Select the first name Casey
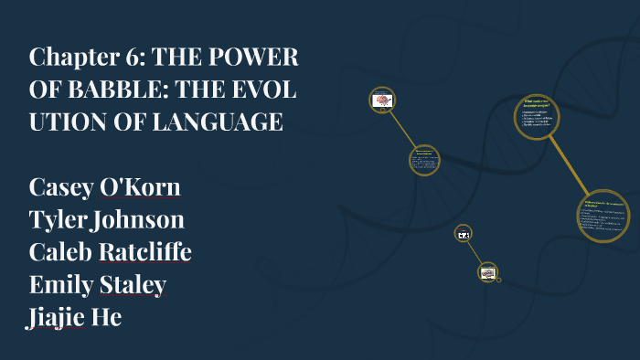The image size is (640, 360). pyautogui.click(x=64, y=187)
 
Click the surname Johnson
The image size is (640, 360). pyautogui.click(x=144, y=220)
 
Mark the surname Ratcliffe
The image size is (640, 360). pyautogui.click(x=149, y=252)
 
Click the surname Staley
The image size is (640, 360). pyautogui.click(x=135, y=285)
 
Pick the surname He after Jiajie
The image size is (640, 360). pyautogui.click(x=110, y=317)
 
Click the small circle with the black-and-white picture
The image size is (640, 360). pyautogui.click(x=463, y=235)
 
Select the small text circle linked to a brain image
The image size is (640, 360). pyautogui.click(x=423, y=160)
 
